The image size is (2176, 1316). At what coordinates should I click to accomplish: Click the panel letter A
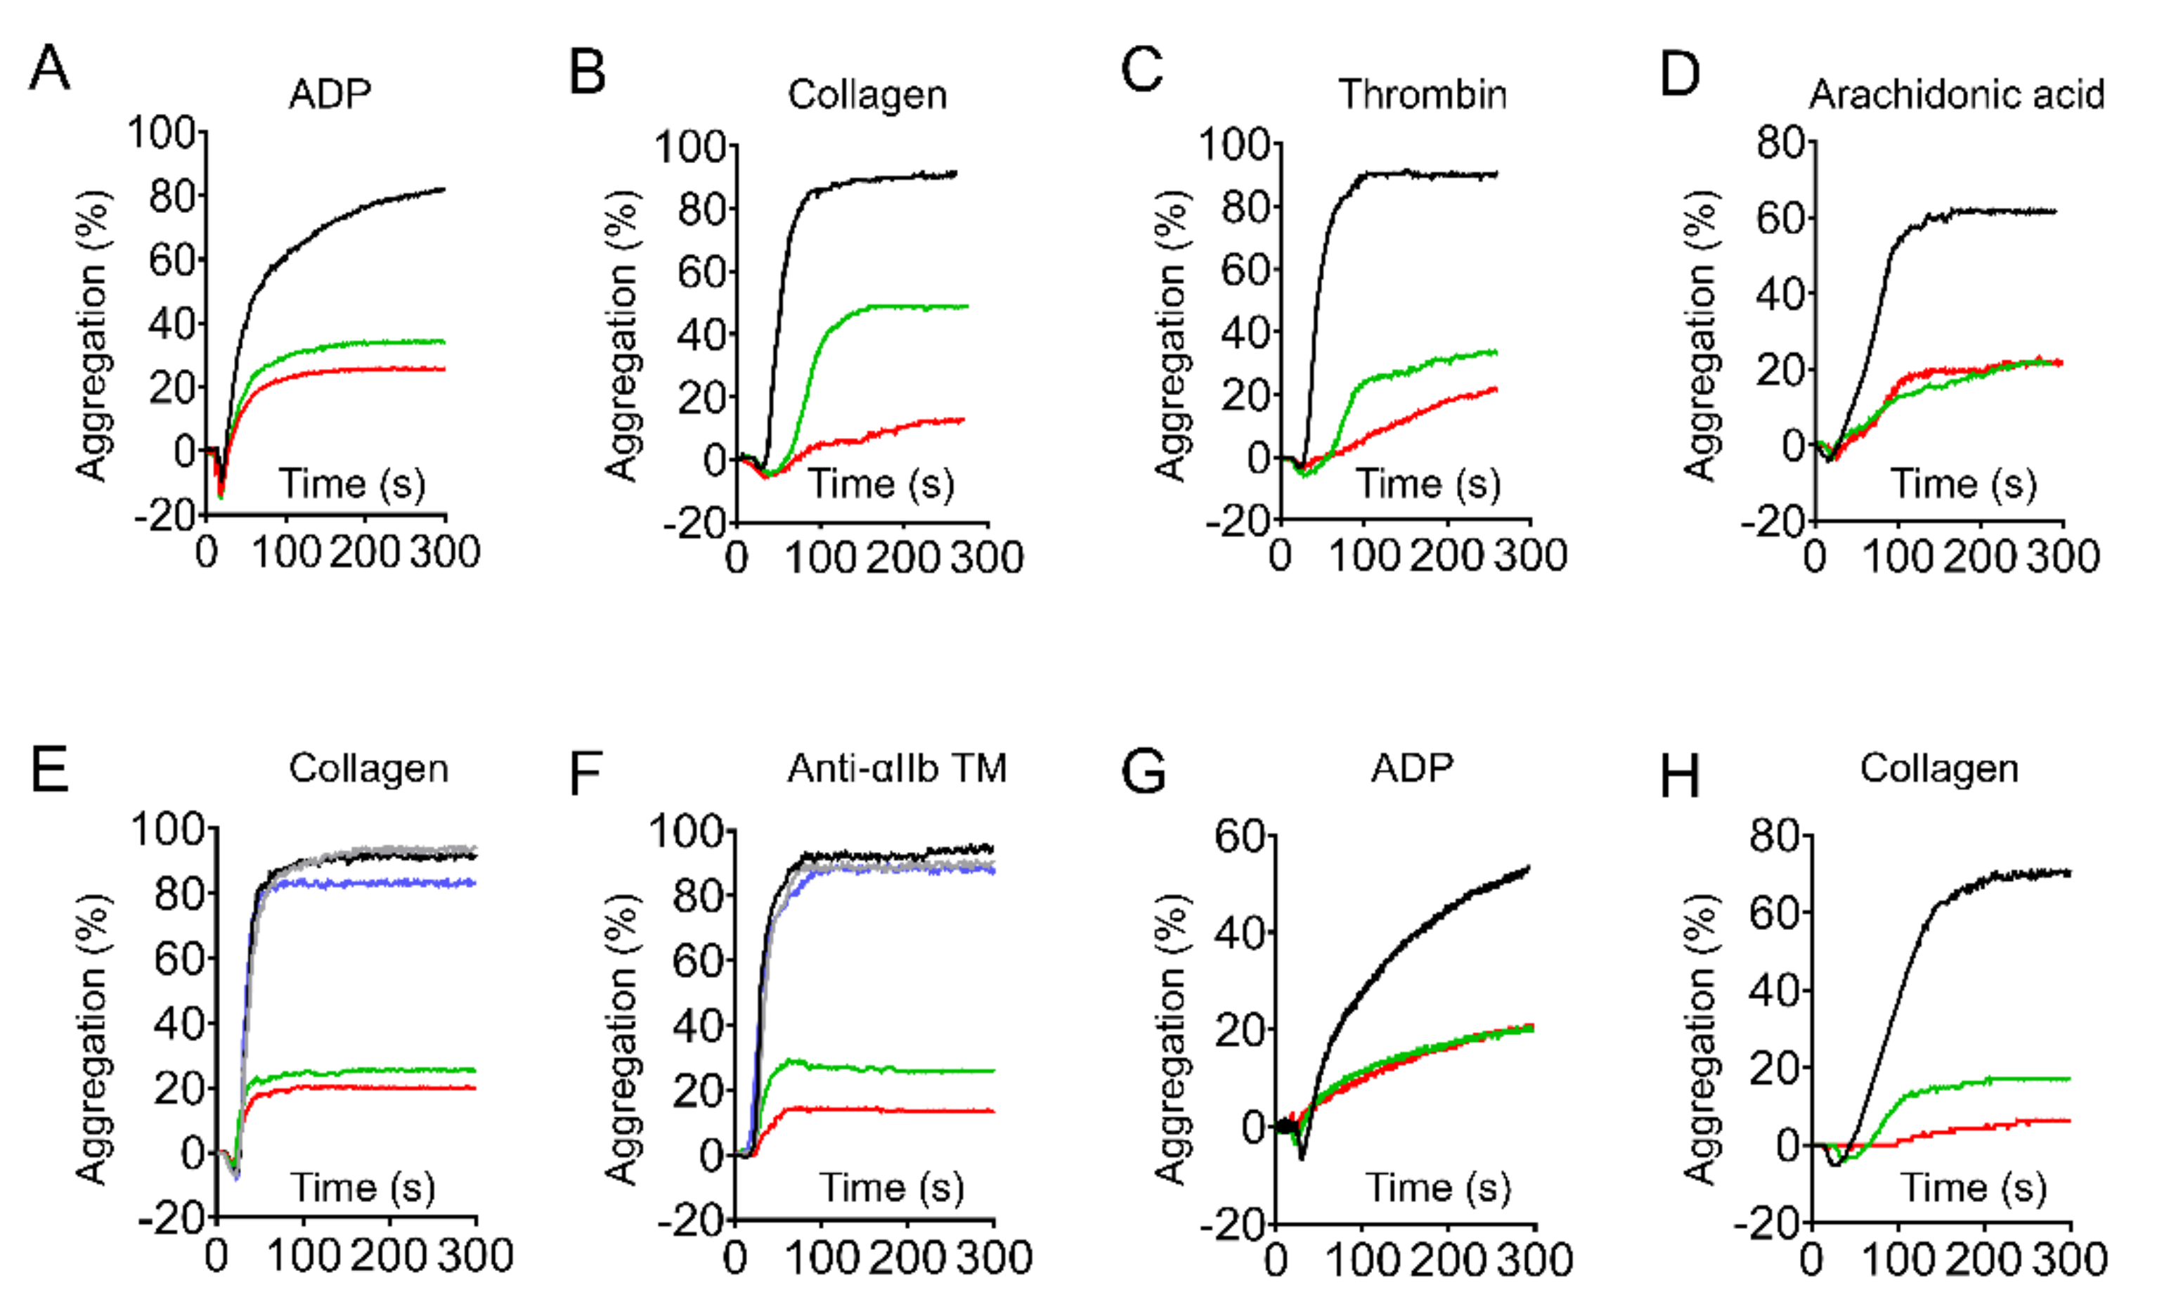pyautogui.click(x=48, y=68)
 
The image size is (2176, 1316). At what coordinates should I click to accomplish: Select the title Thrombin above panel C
pyautogui.click(x=1423, y=93)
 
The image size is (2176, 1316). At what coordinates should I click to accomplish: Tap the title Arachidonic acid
pyautogui.click(x=1957, y=93)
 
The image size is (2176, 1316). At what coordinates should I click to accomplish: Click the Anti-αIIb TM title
pyautogui.click(x=898, y=768)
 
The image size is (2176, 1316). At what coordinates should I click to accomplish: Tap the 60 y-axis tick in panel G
pyautogui.click(x=1240, y=834)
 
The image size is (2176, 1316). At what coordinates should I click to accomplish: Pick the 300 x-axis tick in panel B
pyautogui.click(x=987, y=558)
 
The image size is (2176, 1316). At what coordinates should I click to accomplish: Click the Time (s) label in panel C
pyautogui.click(x=1429, y=484)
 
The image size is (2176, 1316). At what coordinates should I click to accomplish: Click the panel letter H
pyautogui.click(x=1680, y=775)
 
